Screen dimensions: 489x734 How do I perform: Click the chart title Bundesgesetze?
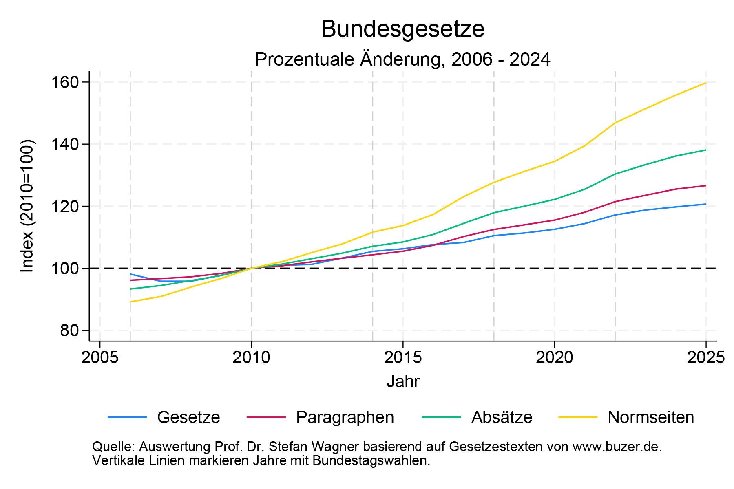click(402, 29)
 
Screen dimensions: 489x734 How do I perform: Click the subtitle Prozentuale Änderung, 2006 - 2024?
click(402, 59)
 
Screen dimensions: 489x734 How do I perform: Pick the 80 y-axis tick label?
click(69, 330)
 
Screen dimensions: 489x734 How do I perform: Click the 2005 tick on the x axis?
click(100, 358)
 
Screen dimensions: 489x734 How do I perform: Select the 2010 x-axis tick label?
click(251, 358)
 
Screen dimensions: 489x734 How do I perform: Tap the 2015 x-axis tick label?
click(403, 358)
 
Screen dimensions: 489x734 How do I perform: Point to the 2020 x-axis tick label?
click(554, 358)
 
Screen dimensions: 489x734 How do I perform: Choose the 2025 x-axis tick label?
click(705, 358)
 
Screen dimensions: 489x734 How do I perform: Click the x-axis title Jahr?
click(402, 382)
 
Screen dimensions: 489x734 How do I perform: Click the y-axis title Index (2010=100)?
click(28, 206)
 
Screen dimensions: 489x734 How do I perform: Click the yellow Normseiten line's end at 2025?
click(705, 83)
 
